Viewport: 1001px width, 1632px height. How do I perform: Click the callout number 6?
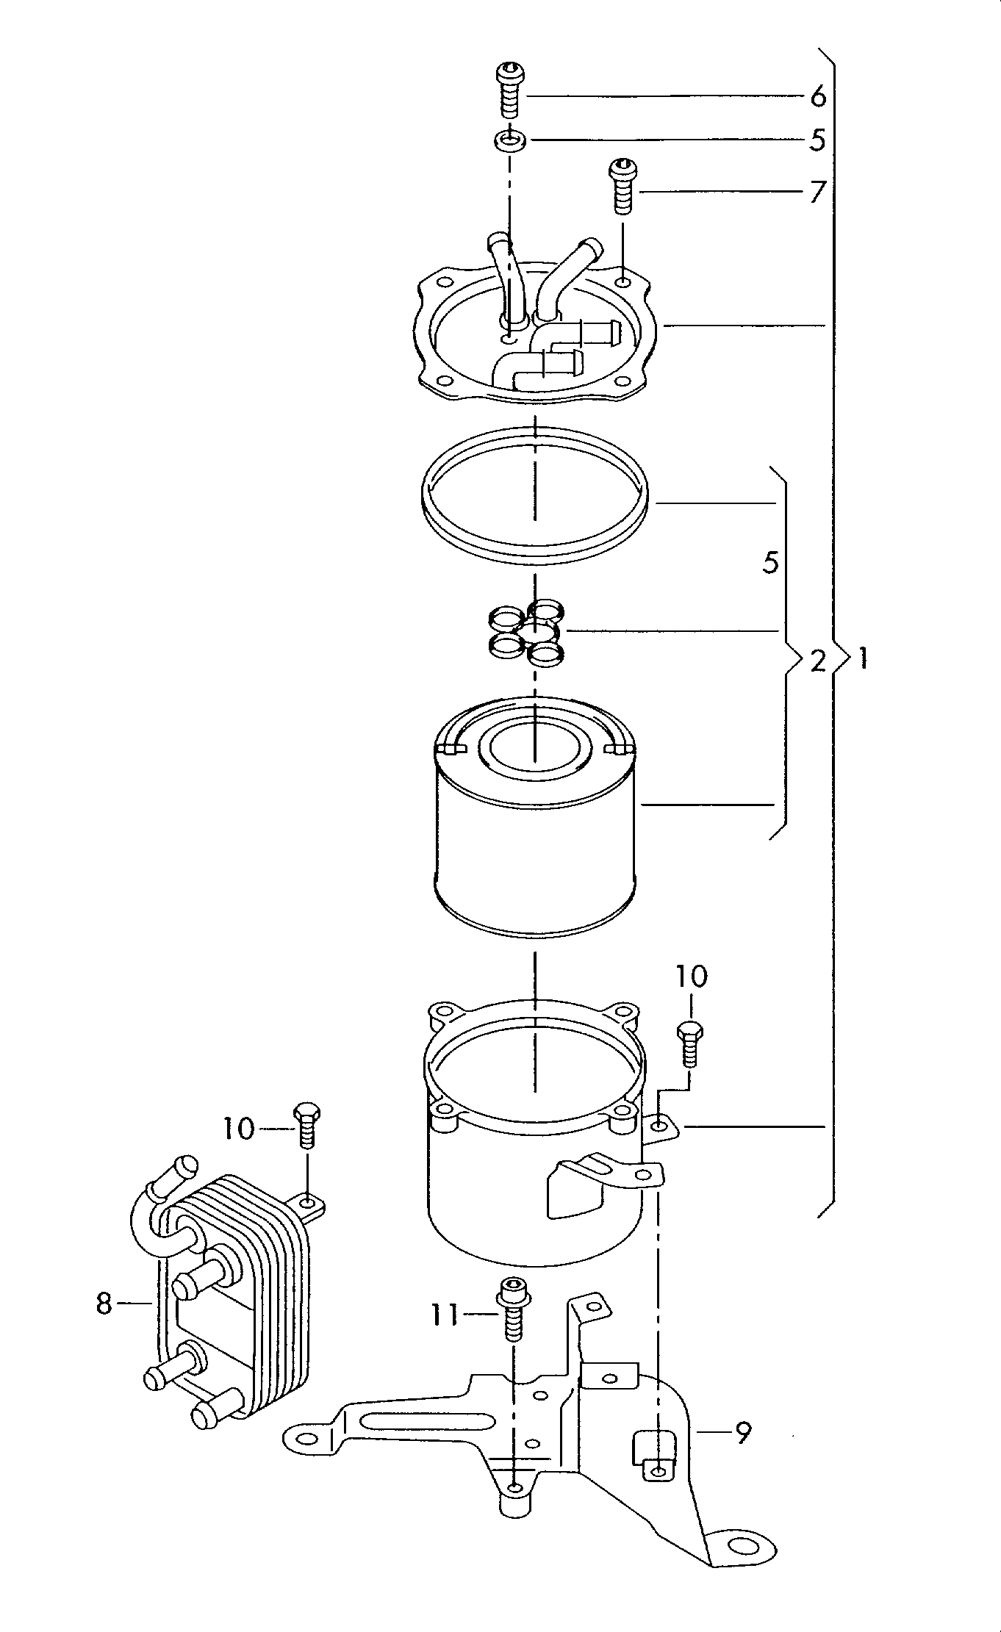818,96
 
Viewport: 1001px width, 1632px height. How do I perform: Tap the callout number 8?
104,1304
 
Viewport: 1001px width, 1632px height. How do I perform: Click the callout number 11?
445,1315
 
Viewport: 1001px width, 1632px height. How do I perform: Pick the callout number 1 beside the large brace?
862,659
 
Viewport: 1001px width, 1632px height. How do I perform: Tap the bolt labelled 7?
623,185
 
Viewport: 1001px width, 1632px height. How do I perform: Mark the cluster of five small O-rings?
526,631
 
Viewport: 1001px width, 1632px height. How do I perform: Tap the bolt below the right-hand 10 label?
689,1043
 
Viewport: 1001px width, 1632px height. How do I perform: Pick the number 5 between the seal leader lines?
770,564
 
